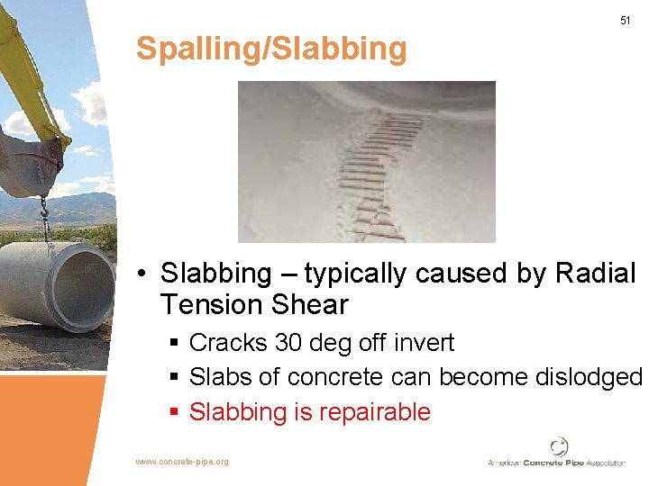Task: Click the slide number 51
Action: (625, 20)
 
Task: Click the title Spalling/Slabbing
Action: (271, 49)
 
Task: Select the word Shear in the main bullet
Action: (309, 305)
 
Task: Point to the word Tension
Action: (211, 305)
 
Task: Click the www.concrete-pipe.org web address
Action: (181, 462)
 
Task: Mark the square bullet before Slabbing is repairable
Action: (176, 413)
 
